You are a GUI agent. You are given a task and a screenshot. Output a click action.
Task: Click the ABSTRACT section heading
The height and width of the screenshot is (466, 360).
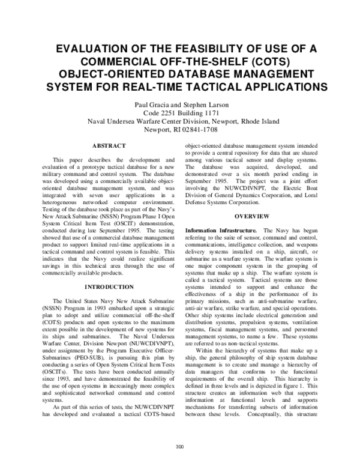click(109, 146)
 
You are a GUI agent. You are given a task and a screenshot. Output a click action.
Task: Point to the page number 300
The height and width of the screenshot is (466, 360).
click(179, 446)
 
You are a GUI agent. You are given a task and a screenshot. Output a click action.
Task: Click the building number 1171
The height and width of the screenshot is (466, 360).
click(208, 112)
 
